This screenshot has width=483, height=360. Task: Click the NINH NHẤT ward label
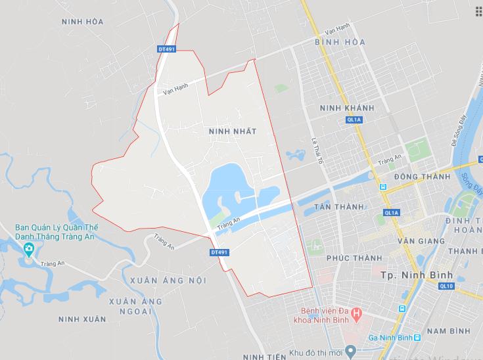pyautogui.click(x=231, y=131)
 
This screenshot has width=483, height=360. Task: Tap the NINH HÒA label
pyautogui.click(x=82, y=22)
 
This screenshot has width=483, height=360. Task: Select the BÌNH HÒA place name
pyautogui.click(x=340, y=42)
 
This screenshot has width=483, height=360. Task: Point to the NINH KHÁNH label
pyautogui.click(x=346, y=108)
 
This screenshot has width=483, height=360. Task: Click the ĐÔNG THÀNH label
pyautogui.click(x=422, y=177)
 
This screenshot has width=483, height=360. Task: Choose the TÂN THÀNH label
pyautogui.click(x=338, y=207)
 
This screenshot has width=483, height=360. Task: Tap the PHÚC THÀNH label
pyautogui.click(x=348, y=258)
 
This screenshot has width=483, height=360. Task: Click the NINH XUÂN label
pyautogui.click(x=82, y=319)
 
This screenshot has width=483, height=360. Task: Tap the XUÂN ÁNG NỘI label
pyautogui.click(x=168, y=281)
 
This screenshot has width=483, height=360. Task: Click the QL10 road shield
pyautogui.click(x=447, y=286)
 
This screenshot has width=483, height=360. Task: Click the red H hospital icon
pyautogui.click(x=356, y=313)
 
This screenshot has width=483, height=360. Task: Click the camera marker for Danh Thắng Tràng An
pyautogui.click(x=28, y=248)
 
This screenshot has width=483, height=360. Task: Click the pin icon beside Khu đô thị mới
pyautogui.click(x=350, y=351)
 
